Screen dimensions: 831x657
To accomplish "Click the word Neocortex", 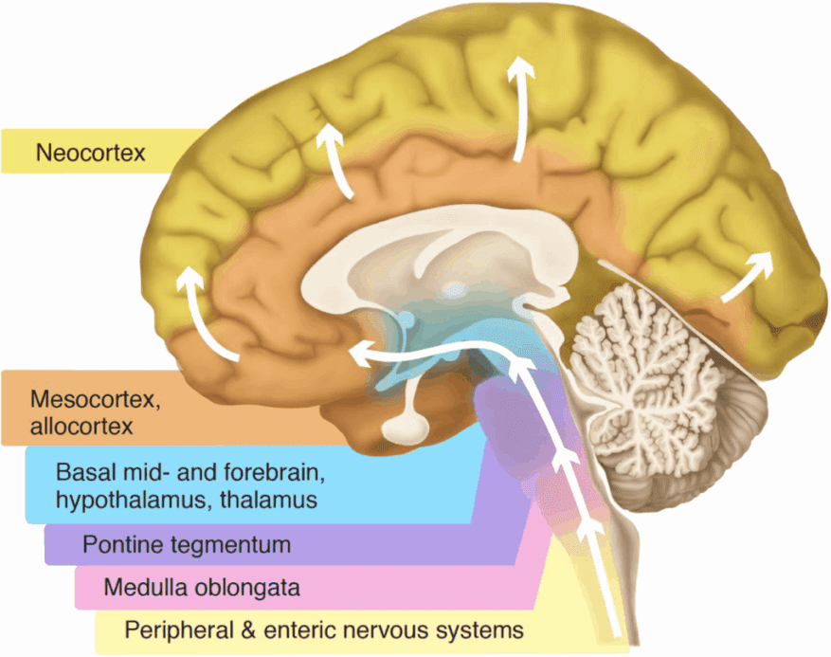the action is (x=90, y=153).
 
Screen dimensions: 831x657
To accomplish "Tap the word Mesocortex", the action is (x=96, y=400).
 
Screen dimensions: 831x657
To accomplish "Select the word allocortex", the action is (x=81, y=427).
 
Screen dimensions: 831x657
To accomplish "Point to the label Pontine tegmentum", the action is (x=187, y=544).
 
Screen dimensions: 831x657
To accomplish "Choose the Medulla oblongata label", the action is (x=202, y=588).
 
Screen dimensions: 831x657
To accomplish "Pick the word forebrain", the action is (x=275, y=472).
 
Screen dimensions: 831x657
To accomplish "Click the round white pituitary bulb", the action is (x=406, y=427).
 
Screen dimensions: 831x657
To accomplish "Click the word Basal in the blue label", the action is (x=82, y=472).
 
